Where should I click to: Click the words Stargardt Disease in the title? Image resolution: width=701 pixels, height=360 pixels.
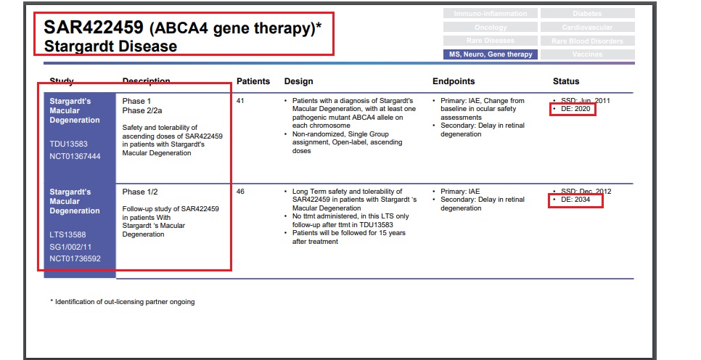point(110,46)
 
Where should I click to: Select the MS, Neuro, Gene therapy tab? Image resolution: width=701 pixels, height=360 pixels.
point(490,54)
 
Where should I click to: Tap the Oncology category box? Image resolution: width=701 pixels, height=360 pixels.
point(490,27)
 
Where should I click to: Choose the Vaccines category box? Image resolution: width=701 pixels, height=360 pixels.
point(587,54)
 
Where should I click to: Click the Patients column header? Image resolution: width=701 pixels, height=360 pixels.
point(253,81)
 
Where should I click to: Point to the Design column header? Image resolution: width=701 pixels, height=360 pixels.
point(298,81)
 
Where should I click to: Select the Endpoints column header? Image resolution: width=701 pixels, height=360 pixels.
point(454,81)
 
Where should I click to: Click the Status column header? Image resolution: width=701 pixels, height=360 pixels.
point(566,81)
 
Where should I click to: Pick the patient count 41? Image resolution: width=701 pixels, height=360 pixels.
point(241,101)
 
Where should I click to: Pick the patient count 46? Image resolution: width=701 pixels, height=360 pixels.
point(241,192)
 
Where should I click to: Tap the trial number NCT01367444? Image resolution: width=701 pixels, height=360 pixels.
point(75,156)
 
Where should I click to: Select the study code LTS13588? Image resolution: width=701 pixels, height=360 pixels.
point(67,234)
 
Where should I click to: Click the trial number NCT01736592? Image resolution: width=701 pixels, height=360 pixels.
point(75,258)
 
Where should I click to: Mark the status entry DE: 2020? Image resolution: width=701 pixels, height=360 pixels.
point(574,109)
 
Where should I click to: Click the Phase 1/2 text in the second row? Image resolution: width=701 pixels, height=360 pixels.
point(140,192)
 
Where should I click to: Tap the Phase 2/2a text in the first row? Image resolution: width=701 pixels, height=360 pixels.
point(144,110)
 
